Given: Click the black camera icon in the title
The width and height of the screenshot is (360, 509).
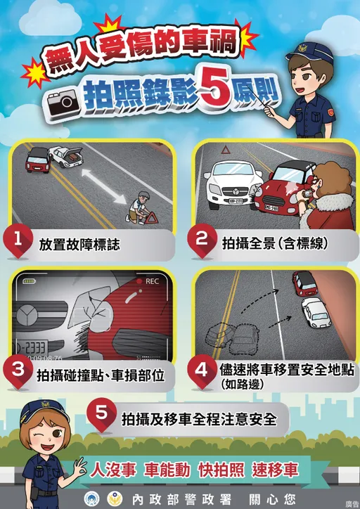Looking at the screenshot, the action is pos(63,103).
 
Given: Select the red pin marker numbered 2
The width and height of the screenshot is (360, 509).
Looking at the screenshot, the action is pos(202,240).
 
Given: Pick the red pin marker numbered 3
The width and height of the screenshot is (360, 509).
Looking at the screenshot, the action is pos(18,371).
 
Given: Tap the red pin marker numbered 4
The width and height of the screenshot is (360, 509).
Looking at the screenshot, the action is pos(202,371).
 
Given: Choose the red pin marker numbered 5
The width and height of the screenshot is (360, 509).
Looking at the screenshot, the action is pos(102,415).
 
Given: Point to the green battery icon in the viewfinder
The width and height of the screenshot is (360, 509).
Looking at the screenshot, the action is pos(29,281).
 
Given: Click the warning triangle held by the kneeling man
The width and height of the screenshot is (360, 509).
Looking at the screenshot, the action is pos(150,217).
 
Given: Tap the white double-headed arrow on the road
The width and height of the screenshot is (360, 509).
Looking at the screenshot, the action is pos(104,186).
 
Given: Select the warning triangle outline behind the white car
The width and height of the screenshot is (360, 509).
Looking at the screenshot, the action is pos(226,150).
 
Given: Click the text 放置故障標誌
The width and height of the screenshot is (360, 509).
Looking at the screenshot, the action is pos(79,245).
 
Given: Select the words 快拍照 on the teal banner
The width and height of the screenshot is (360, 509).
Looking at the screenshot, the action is pos(221,470).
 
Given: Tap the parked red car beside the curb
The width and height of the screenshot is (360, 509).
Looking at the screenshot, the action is pos(304,283).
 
